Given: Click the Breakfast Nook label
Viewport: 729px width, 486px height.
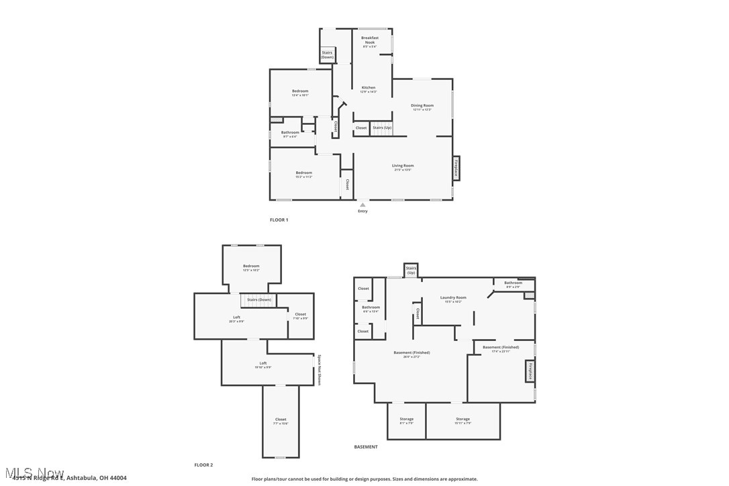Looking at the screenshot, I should click(x=370, y=40).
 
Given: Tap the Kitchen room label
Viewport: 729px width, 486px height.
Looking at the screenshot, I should click(x=369, y=88).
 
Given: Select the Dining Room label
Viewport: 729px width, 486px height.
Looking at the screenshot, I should click(x=422, y=106).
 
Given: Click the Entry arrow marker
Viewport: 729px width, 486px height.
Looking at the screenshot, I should click(x=362, y=205).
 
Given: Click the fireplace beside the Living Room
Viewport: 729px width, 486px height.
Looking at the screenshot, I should click(x=456, y=168).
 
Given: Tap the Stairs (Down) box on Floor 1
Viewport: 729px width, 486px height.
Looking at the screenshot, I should click(x=327, y=55).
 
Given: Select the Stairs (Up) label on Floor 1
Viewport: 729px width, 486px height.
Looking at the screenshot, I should click(x=382, y=128).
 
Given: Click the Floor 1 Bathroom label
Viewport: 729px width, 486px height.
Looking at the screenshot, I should click(x=290, y=133).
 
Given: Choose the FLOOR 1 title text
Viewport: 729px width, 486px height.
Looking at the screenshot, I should click(x=279, y=220).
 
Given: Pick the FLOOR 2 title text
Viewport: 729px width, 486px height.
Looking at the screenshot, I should click(x=203, y=465).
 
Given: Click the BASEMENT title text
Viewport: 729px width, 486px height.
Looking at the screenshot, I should click(x=366, y=446).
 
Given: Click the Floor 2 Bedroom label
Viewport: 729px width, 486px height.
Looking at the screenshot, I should click(x=251, y=266).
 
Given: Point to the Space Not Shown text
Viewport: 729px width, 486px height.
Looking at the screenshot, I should click(x=320, y=369).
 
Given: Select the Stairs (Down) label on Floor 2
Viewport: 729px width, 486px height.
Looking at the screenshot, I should click(x=259, y=299).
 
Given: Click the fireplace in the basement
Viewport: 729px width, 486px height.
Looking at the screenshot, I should click(x=530, y=371).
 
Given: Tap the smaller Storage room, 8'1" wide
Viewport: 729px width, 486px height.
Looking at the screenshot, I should click(x=406, y=420).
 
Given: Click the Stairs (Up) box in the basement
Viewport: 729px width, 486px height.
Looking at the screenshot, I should click(x=411, y=270).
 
